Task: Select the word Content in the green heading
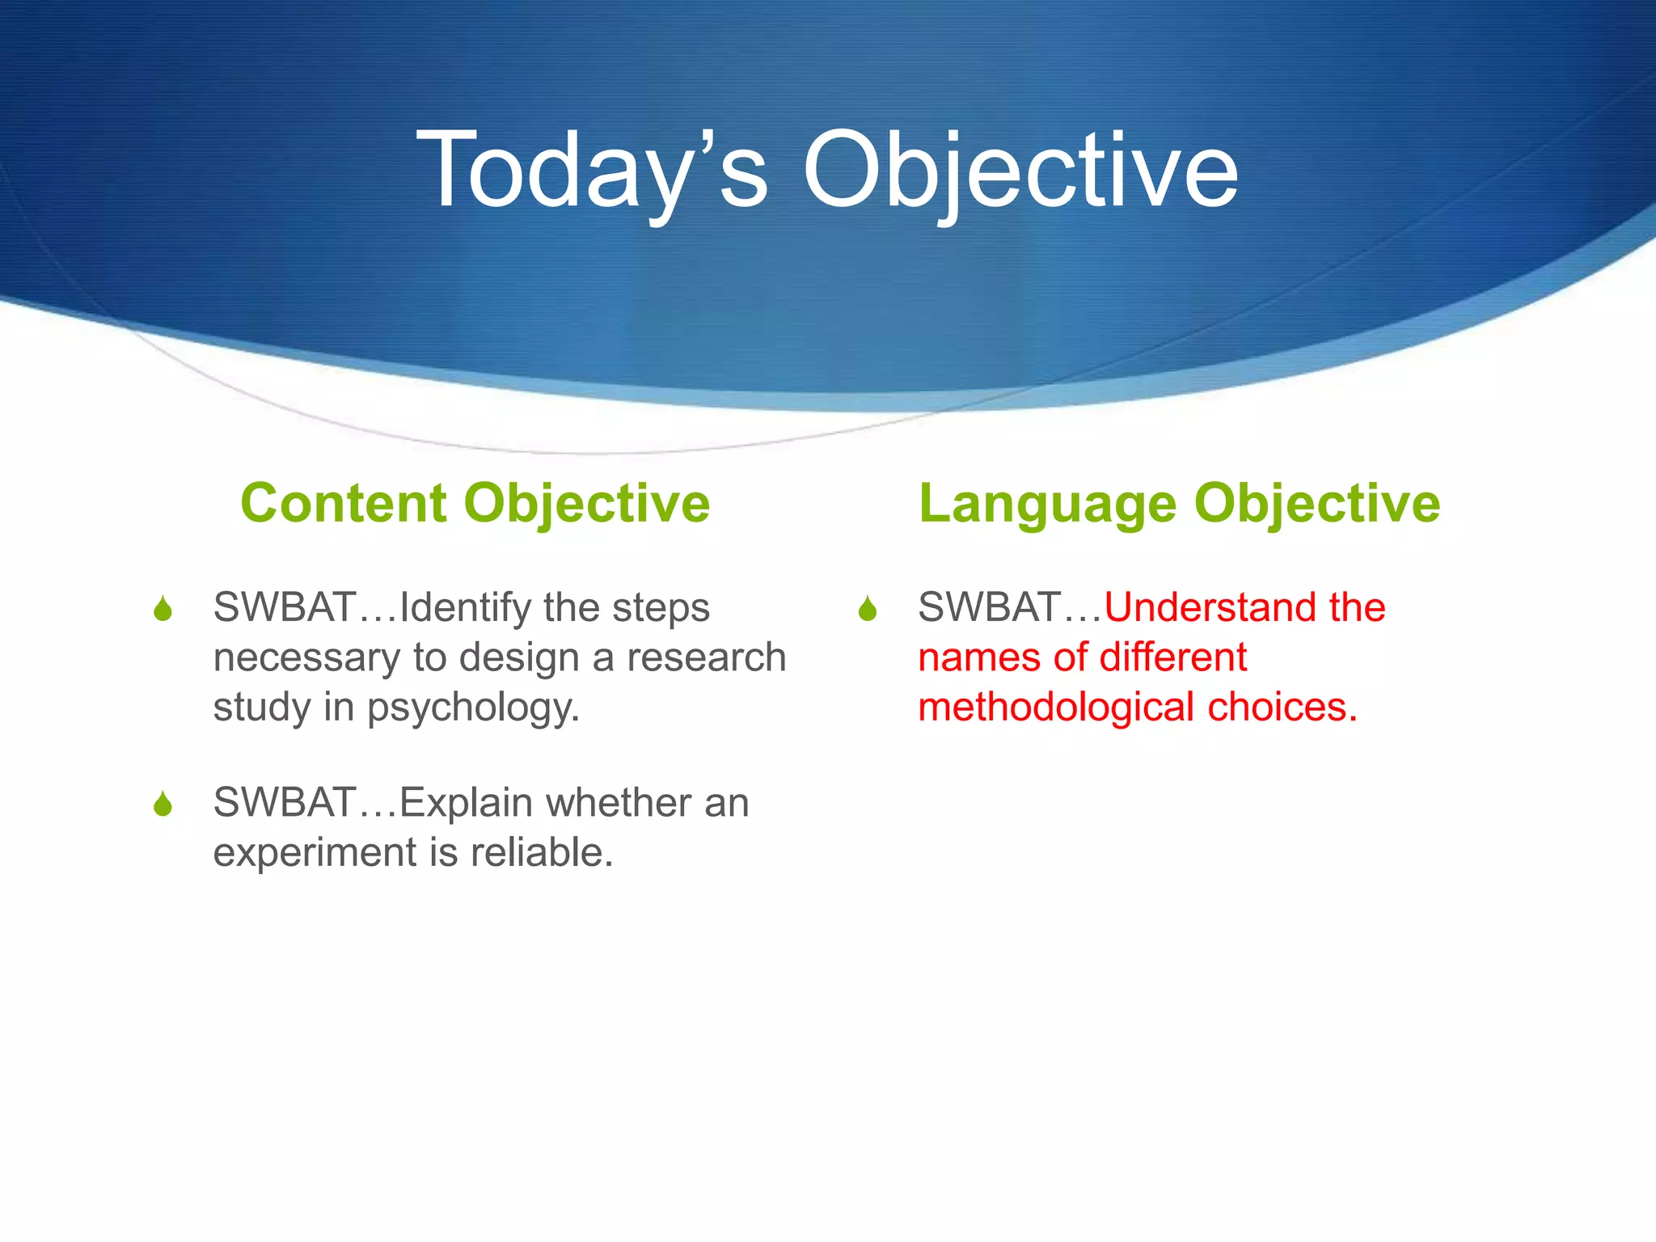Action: pos(343,503)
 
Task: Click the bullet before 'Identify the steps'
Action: pos(163,609)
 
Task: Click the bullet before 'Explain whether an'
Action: pos(163,805)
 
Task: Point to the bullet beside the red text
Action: pos(868,609)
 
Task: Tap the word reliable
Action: pos(542,852)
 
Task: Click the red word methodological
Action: pos(1056,707)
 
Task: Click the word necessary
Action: pos(306,658)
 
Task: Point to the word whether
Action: pos(619,803)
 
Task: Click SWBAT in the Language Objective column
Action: pos(989,607)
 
